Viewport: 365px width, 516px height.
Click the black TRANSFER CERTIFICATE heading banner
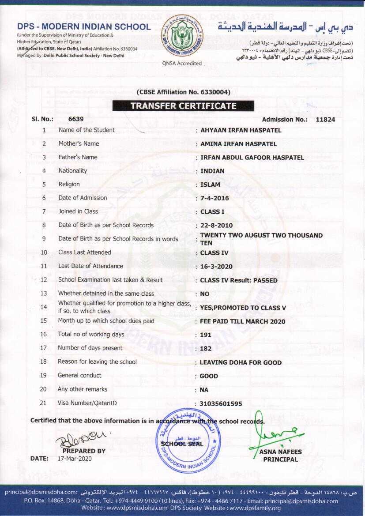pyautogui.click(x=183, y=106)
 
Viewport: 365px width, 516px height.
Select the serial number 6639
pyautogui.click(x=76, y=119)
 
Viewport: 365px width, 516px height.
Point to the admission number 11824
pyautogui.click(x=325, y=119)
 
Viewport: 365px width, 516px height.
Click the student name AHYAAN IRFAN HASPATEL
pyautogui.click(x=241, y=130)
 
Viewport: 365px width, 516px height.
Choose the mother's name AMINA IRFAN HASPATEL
pyautogui.click(x=238, y=144)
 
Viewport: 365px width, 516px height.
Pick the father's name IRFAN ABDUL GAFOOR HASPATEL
pyautogui.click(x=252, y=158)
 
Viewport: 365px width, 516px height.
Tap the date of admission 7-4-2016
pyautogui.click(x=214, y=198)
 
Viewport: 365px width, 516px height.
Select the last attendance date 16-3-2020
pyautogui.click(x=216, y=267)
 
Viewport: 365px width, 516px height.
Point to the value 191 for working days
pyautogui.click(x=206, y=335)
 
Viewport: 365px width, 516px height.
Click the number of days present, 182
pyautogui.click(x=206, y=349)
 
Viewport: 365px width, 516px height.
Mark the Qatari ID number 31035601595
pyautogui.click(x=221, y=404)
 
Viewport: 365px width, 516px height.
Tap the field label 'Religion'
pyautogui.click(x=69, y=184)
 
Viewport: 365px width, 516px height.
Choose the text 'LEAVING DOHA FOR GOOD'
pyautogui.click(x=241, y=362)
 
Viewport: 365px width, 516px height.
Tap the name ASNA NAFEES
pyautogui.click(x=281, y=452)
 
